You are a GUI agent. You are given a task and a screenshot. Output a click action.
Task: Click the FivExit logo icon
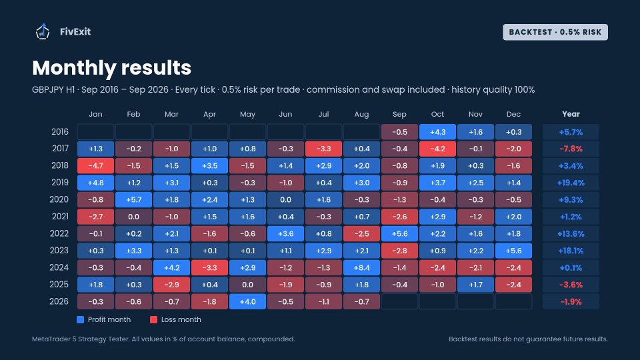pyautogui.click(x=43, y=31)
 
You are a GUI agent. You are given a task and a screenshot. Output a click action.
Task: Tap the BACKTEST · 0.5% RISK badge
pyautogui.click(x=555, y=32)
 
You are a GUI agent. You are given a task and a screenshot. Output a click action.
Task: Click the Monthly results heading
pyautogui.click(x=111, y=68)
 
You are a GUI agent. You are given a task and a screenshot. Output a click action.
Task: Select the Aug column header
pyautogui.click(x=361, y=114)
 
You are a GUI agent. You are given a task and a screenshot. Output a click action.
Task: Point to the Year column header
pyautogui.click(x=571, y=114)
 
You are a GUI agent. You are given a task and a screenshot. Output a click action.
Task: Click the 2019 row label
pyautogui.click(x=60, y=183)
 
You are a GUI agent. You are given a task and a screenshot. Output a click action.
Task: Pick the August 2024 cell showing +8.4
pyautogui.click(x=361, y=268)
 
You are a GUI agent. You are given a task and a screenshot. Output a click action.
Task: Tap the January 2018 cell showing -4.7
pyautogui.click(x=95, y=166)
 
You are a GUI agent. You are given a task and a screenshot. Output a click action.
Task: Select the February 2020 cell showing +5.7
pyautogui.click(x=133, y=199)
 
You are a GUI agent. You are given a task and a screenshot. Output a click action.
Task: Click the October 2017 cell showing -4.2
pyautogui.click(x=437, y=149)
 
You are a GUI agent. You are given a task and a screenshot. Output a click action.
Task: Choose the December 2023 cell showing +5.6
pyautogui.click(x=513, y=251)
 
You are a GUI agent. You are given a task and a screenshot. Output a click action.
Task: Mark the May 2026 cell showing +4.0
pyautogui.click(x=247, y=301)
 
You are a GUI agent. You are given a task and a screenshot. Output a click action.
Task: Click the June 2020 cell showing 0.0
pyautogui.click(x=285, y=199)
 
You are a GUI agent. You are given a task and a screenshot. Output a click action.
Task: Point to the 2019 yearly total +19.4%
pyautogui.click(x=571, y=183)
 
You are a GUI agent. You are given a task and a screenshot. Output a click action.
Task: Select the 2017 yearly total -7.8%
pyautogui.click(x=571, y=149)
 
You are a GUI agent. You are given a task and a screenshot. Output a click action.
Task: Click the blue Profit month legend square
pyautogui.click(x=81, y=319)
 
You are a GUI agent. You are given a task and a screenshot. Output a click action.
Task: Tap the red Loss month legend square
pyautogui.click(x=153, y=319)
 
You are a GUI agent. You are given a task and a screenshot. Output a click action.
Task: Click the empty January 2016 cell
pyautogui.click(x=95, y=132)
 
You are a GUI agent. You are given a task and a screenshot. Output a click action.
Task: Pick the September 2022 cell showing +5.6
pyautogui.click(x=399, y=233)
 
